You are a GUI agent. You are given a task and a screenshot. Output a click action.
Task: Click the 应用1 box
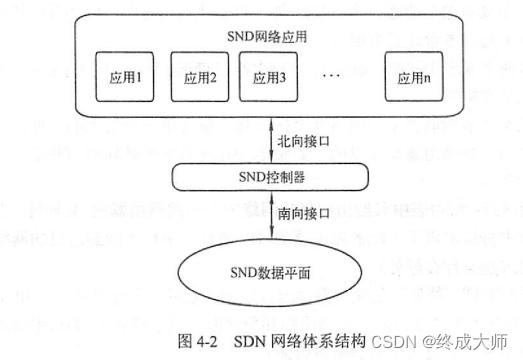125,77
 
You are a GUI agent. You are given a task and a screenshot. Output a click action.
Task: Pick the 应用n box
411,77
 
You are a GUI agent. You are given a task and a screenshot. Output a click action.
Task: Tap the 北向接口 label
300,141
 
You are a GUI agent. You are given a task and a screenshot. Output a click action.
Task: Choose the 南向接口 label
300,214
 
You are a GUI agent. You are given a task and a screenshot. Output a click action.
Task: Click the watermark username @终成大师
466,339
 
